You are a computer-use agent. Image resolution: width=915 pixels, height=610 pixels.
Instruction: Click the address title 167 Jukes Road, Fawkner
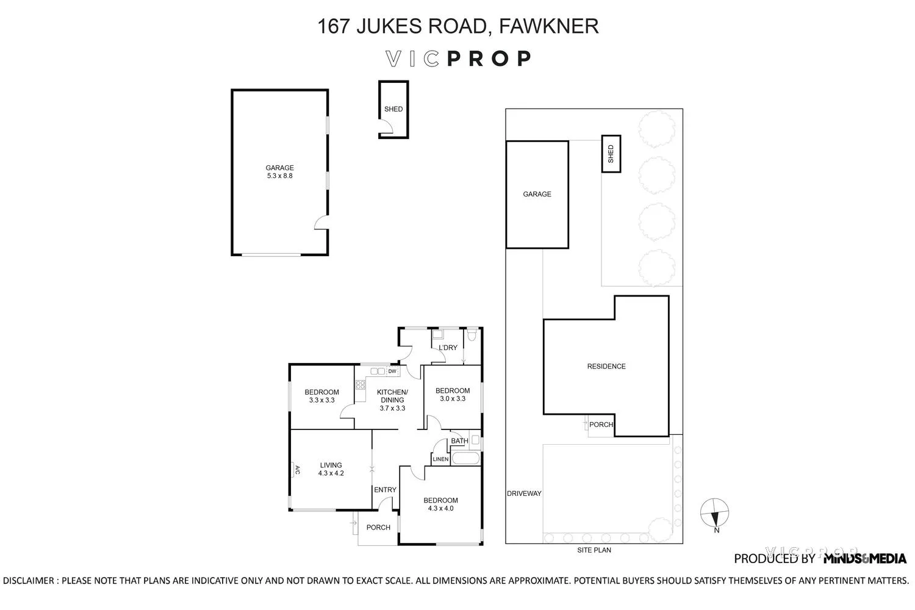457,26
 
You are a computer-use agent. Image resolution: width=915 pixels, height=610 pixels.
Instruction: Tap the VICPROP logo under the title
457,59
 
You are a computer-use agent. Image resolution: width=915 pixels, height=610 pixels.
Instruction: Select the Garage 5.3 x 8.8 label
279,172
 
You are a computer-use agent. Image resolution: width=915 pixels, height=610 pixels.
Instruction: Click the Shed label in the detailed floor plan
393,109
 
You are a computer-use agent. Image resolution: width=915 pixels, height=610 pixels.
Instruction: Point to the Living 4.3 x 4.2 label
331,469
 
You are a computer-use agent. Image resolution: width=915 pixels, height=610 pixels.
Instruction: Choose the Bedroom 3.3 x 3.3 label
321,396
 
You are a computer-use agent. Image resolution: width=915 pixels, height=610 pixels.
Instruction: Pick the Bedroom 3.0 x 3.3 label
452,395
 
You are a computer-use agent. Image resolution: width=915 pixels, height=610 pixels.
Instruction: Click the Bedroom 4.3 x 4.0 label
440,504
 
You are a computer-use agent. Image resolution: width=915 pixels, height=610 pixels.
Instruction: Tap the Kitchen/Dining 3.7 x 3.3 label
392,400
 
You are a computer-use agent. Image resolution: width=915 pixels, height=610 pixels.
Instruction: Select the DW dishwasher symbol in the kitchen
392,371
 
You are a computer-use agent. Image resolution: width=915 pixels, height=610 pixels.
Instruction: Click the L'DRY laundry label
448,348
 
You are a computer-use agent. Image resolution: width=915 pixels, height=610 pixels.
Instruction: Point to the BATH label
459,441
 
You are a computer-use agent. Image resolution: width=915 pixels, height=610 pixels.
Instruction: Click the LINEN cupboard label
440,459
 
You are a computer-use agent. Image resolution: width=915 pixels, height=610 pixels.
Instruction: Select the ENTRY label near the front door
385,490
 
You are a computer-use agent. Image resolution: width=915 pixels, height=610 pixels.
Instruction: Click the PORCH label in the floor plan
378,528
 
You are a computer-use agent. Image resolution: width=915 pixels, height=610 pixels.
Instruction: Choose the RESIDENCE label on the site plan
606,367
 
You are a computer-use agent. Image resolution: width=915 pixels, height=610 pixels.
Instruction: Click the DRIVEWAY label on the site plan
524,493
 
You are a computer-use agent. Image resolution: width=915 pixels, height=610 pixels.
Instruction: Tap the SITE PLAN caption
594,550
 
